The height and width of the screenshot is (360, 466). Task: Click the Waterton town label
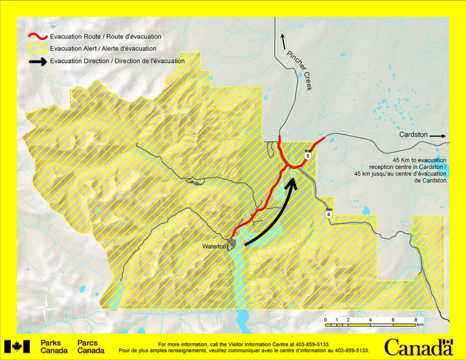(214, 246)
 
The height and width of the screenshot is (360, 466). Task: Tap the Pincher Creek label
(301, 70)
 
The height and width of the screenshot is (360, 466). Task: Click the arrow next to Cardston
(437, 136)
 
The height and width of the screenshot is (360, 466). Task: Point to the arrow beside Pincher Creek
(283, 42)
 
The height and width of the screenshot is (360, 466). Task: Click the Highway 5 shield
(308, 155)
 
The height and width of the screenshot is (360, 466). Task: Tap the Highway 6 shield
(328, 214)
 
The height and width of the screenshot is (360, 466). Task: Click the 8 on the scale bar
(416, 320)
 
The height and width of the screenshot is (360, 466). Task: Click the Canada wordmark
(418, 347)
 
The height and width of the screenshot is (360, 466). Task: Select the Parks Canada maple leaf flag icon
(17, 347)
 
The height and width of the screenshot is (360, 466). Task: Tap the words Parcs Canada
(91, 347)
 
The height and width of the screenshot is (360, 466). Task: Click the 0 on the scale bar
(326, 320)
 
